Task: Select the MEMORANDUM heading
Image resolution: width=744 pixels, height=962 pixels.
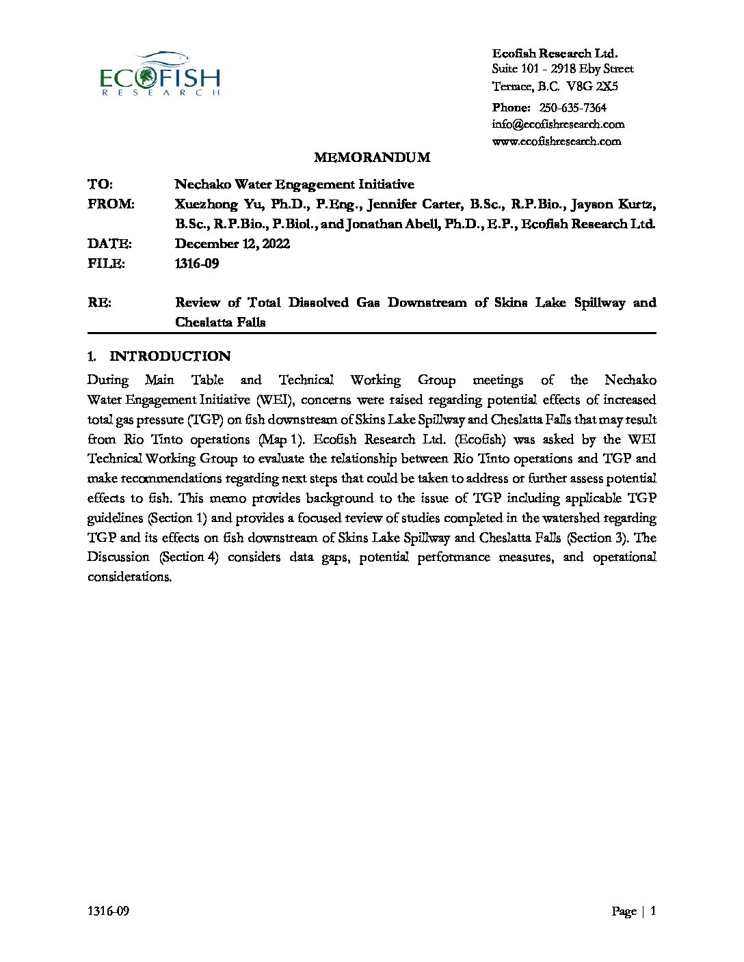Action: tap(372, 158)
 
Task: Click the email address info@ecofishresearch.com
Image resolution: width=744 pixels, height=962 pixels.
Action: tap(558, 124)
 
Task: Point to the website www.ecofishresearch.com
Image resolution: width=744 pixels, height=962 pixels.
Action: tap(557, 141)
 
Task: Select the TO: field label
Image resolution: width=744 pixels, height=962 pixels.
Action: tap(101, 184)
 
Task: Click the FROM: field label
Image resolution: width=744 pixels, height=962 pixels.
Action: tap(111, 204)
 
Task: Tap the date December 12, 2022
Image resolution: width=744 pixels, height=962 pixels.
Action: tap(232, 244)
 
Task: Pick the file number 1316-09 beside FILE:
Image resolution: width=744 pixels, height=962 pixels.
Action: tap(197, 264)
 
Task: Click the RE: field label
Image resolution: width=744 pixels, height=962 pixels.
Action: tap(100, 303)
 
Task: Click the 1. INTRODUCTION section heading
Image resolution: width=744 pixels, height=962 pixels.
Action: tap(159, 356)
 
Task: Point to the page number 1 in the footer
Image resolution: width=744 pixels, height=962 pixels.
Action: tap(653, 911)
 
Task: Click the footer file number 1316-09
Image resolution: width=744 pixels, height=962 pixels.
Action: tap(108, 911)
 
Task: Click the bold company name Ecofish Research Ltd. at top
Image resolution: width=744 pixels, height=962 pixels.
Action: tap(555, 53)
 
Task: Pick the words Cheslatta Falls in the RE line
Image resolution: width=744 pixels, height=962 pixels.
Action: tap(220, 322)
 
